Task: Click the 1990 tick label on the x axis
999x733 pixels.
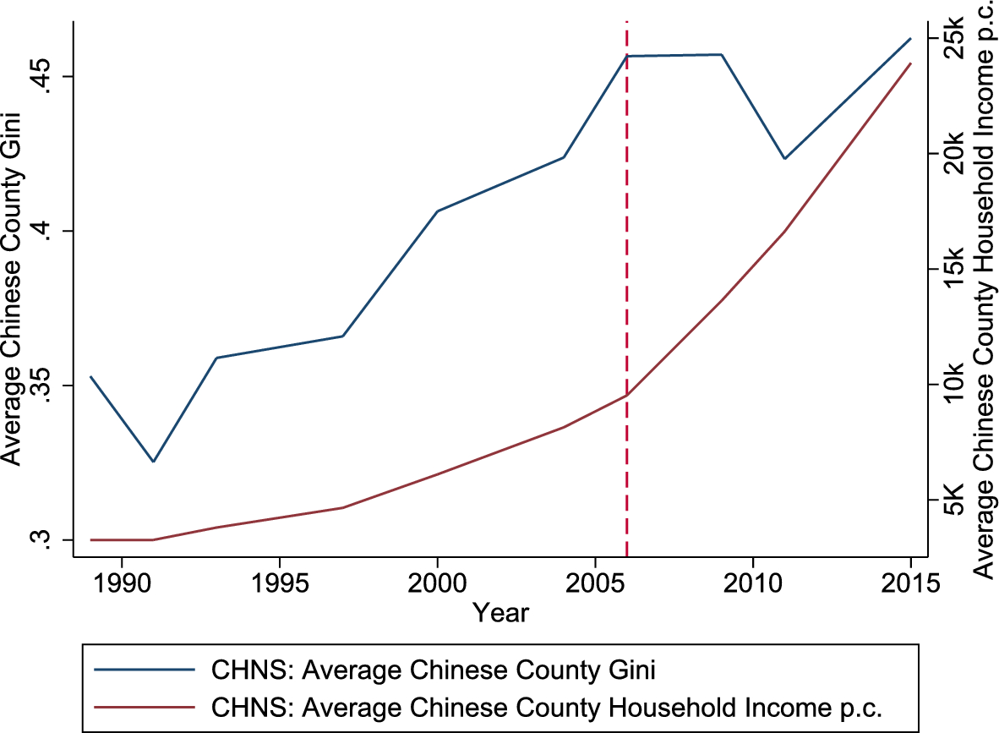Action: tap(122, 583)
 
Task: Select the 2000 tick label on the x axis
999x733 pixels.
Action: tap(437, 583)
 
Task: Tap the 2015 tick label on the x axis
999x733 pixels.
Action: tap(911, 583)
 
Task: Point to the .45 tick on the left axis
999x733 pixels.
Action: tap(47, 76)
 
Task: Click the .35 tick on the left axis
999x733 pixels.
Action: tap(47, 385)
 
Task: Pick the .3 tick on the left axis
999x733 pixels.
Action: tap(47, 539)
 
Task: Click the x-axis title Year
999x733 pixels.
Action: tap(500, 613)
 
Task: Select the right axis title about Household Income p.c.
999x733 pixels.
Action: tap(985, 287)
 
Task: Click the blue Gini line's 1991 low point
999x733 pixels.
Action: tap(153, 462)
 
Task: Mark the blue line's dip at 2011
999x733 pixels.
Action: tap(784, 158)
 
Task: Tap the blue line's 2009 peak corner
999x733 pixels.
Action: tap(721, 55)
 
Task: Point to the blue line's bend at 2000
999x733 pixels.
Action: tap(437, 211)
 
